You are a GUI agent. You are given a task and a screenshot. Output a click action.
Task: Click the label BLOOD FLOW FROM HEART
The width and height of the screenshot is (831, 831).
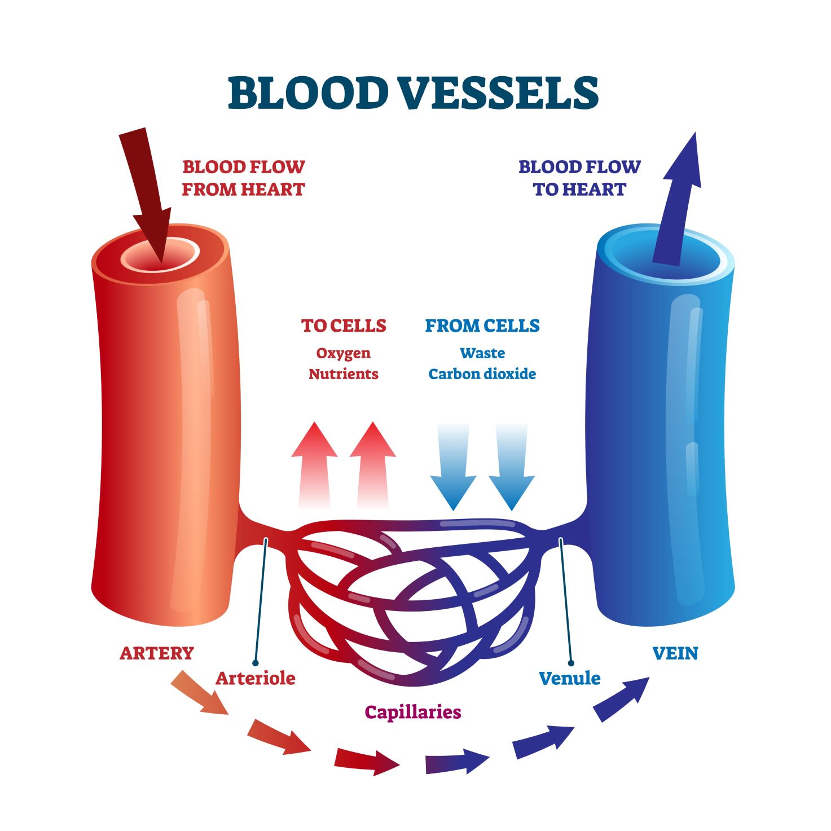tap(243, 178)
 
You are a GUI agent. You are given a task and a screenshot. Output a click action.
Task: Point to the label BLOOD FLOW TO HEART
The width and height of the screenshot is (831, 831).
tap(579, 178)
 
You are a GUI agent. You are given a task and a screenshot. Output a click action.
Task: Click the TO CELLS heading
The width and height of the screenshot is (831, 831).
tap(344, 326)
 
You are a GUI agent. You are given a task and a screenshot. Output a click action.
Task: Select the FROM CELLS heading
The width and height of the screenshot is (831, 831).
tap(482, 326)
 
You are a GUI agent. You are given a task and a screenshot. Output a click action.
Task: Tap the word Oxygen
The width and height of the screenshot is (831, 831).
tap(344, 354)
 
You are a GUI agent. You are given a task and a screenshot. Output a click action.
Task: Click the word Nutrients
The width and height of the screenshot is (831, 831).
tap(344, 374)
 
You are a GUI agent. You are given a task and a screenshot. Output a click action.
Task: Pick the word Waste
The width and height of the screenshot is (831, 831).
tap(482, 354)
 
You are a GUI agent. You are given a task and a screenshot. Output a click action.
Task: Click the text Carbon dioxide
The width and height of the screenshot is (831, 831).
tap(482, 374)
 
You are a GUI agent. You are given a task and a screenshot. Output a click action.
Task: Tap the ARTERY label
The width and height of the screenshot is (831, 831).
tap(157, 653)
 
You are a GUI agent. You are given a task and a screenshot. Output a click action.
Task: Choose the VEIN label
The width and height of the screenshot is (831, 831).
tap(675, 653)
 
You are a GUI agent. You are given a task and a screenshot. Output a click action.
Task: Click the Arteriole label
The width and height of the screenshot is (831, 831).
tap(256, 678)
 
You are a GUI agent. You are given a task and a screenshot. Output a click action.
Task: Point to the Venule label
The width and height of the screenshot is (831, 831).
tap(570, 678)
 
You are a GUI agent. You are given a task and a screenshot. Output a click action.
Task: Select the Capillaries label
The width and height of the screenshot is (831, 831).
tap(413, 712)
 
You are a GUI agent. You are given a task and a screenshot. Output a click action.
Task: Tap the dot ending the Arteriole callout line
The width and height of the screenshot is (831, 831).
tap(256, 663)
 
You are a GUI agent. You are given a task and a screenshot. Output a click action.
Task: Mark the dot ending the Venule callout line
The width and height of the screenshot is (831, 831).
tap(571, 663)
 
